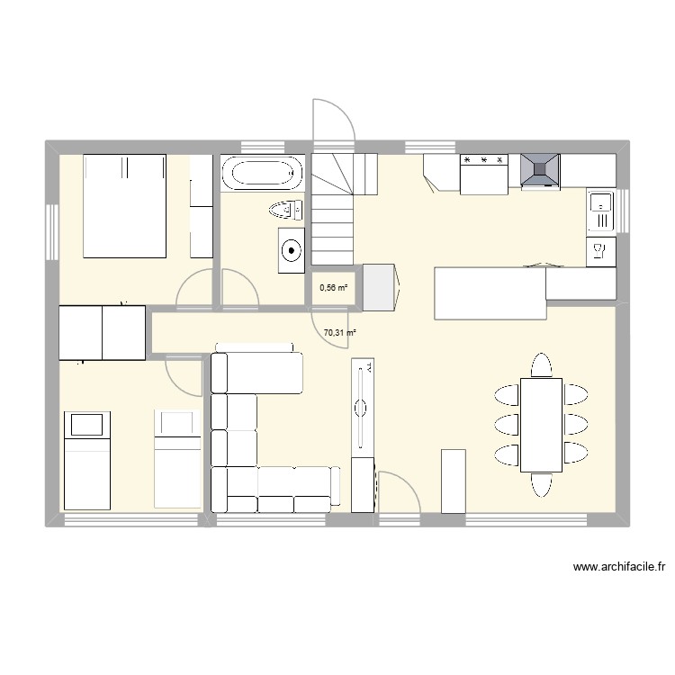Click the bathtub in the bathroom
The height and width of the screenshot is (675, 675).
262,174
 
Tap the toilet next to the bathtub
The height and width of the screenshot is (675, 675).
287,210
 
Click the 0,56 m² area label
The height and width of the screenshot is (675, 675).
333,288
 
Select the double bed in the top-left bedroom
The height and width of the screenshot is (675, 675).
125,205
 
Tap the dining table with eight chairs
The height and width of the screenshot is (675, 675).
541,424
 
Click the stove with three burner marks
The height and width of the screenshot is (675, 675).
484,174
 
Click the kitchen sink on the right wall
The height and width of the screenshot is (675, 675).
599,212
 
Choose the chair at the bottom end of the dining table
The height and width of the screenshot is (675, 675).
541,485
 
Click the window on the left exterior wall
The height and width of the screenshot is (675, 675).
51,231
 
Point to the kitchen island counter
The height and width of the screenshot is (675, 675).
490,292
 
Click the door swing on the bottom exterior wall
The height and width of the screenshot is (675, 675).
399,492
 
